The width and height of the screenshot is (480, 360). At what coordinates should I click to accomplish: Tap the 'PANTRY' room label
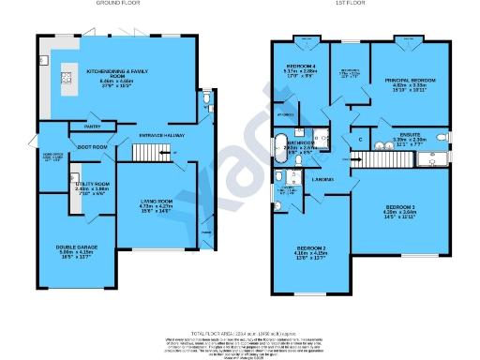point(93,126)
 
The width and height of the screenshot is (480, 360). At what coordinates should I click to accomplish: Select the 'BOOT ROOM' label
point(92,146)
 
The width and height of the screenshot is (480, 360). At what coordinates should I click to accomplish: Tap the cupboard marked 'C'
point(361,141)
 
